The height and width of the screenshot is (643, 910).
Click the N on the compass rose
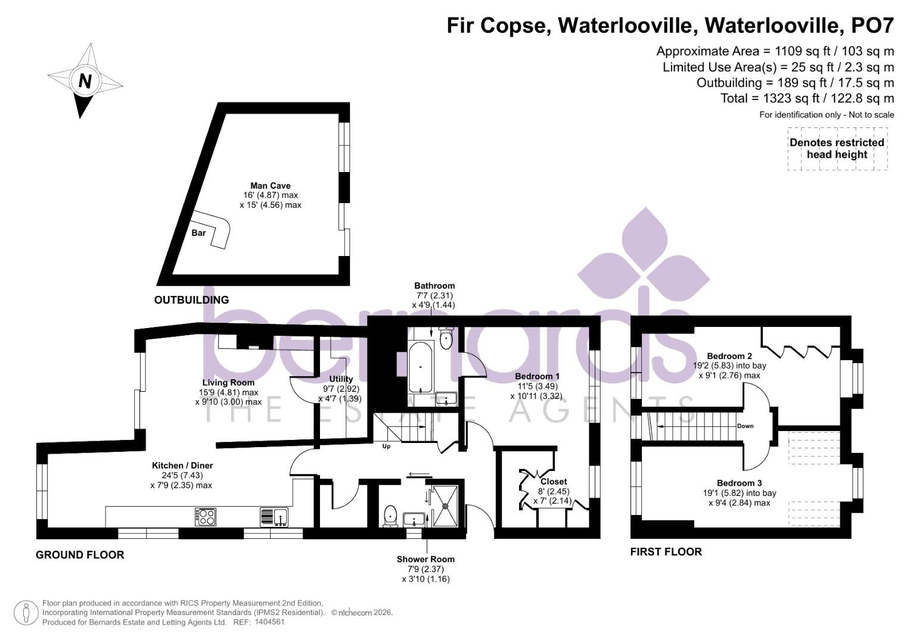pyautogui.click(x=85, y=80)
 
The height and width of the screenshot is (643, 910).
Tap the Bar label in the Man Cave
pyautogui.click(x=198, y=233)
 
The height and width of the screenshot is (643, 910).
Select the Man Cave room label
pyautogui.click(x=270, y=186)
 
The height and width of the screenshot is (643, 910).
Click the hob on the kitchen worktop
pyautogui.click(x=205, y=516)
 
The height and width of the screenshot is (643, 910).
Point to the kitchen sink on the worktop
pyautogui.click(x=274, y=516)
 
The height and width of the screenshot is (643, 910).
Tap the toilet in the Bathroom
pyautogui.click(x=446, y=338)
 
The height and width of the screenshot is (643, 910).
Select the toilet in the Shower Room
pyautogui.click(x=391, y=515)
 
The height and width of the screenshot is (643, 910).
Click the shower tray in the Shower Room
pyautogui.click(x=445, y=506)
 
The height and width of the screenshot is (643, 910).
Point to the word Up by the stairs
pyautogui.click(x=386, y=447)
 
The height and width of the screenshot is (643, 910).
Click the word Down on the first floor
pyautogui.click(x=745, y=426)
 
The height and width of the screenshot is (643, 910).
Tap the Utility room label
pyautogui.click(x=341, y=379)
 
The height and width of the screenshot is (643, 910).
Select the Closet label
pyautogui.click(x=554, y=481)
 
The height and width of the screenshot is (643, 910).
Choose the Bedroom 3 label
pyautogui.click(x=739, y=483)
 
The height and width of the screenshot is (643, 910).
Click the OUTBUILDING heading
pyautogui.click(x=191, y=300)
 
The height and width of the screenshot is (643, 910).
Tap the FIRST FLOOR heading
pyautogui.click(x=666, y=552)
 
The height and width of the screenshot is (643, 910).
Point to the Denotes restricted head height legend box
pyautogui.click(x=837, y=149)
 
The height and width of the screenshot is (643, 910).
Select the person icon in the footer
pyautogui.click(x=26, y=613)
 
